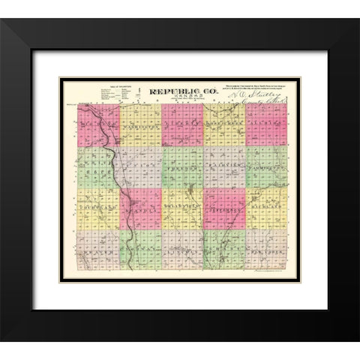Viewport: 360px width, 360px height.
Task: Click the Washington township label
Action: pos(139,127)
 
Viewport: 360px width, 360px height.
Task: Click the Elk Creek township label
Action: pos(266,252)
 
